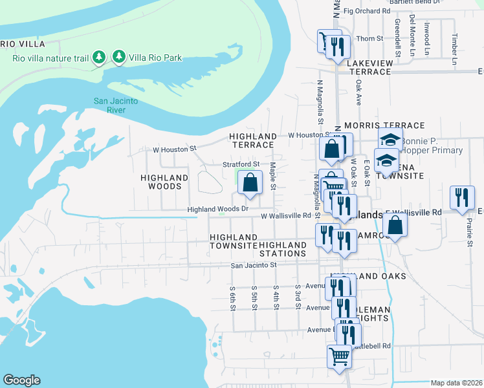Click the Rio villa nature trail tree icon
(98, 58)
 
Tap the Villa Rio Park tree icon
(118, 58)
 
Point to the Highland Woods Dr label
(217, 209)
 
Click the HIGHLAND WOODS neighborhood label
(165, 182)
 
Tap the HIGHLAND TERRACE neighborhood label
(254, 140)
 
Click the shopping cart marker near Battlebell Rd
(340, 356)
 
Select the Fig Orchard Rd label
(368, 11)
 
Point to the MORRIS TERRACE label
(384, 125)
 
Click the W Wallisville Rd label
(286, 216)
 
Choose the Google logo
(21, 380)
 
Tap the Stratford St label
(241, 165)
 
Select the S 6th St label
(232, 297)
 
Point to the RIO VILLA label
(23, 44)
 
